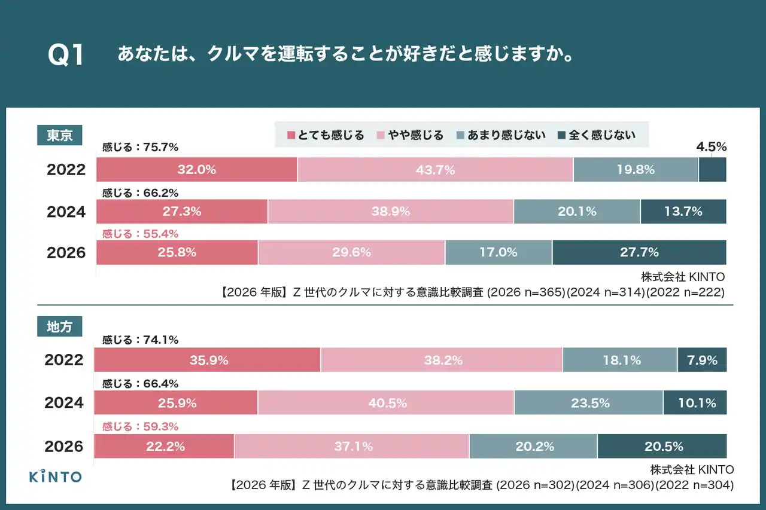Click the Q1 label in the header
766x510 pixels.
click(66, 56)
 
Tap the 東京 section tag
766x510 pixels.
click(59, 135)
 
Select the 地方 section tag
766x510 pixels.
click(59, 326)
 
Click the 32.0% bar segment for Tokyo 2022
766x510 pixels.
click(196, 170)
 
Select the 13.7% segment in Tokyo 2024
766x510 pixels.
click(683, 211)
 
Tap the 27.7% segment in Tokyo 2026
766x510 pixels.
click(639, 252)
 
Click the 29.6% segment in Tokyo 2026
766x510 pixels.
click(351, 252)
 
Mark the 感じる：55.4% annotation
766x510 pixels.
click(141, 234)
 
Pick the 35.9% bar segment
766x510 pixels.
click(207, 361)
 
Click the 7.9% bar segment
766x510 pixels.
click(701, 361)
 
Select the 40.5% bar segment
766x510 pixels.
click(385, 403)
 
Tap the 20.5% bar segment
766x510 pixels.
click(662, 447)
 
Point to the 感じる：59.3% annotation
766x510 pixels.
click(141, 427)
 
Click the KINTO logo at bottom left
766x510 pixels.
click(56, 476)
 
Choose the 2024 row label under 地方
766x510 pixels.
click(64, 403)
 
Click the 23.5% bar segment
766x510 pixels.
click(588, 403)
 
